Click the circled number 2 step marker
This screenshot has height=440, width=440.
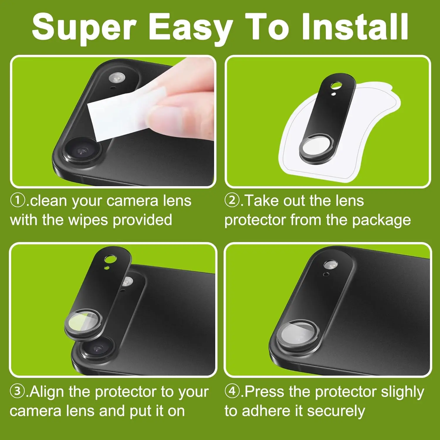click(x=232, y=201)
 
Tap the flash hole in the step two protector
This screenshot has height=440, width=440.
click(x=336, y=86)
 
